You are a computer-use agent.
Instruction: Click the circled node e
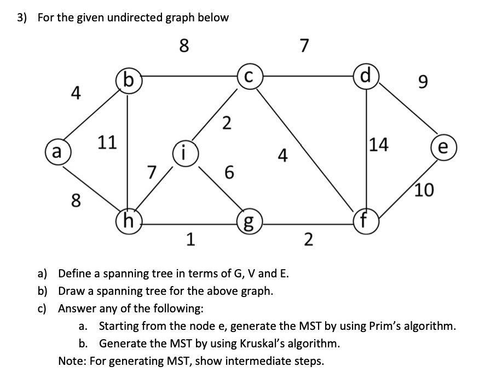pyautogui.click(x=443, y=148)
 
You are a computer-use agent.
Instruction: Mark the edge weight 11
pyautogui.click(x=107, y=143)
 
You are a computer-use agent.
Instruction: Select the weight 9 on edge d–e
pyautogui.click(x=420, y=83)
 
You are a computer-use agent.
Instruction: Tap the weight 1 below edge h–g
pyautogui.click(x=189, y=240)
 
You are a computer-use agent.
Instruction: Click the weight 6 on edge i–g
pyautogui.click(x=229, y=173)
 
